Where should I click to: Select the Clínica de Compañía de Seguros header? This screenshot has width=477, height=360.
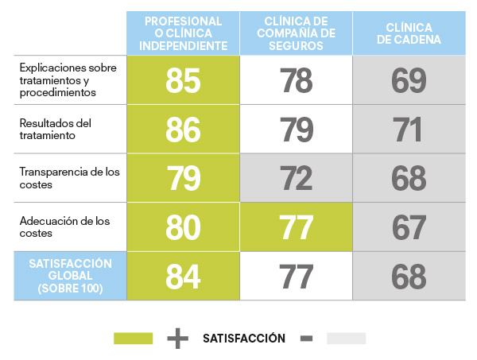[x=296, y=33]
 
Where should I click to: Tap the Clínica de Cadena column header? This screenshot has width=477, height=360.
[x=409, y=33]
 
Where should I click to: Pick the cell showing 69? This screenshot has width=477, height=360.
[x=409, y=79]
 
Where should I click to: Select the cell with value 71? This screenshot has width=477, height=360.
[x=409, y=129]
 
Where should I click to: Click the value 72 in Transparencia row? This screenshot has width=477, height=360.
[x=296, y=178]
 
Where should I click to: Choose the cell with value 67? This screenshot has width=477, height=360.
[x=409, y=227]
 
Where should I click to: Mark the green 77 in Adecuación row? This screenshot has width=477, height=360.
[x=296, y=227]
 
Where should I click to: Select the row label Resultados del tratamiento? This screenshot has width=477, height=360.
[x=56, y=129]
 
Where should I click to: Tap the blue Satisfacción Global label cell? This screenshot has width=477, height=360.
[x=70, y=276]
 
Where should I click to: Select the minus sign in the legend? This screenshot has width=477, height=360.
[x=306, y=339]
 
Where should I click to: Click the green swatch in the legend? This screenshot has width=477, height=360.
[x=134, y=339]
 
